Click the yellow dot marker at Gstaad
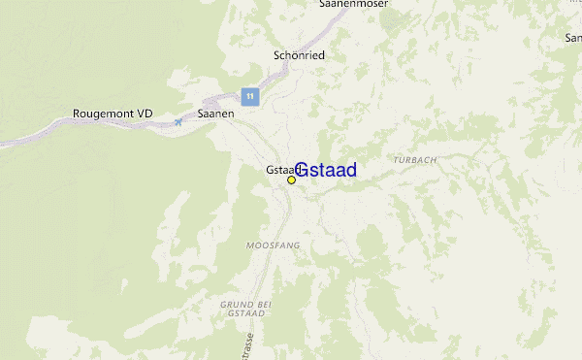[x=291, y=180]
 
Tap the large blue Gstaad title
[x=325, y=170]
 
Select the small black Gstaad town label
[x=278, y=169]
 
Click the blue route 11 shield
[x=250, y=96]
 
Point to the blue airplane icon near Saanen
[x=178, y=121]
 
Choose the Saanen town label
[x=215, y=114]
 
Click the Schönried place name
[x=299, y=55]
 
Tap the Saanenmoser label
[x=354, y=5]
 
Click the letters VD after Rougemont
[x=145, y=114]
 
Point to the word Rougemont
[x=104, y=114]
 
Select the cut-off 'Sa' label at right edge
[x=573, y=38]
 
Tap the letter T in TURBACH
[x=398, y=159]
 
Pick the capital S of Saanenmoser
[x=323, y=5]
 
